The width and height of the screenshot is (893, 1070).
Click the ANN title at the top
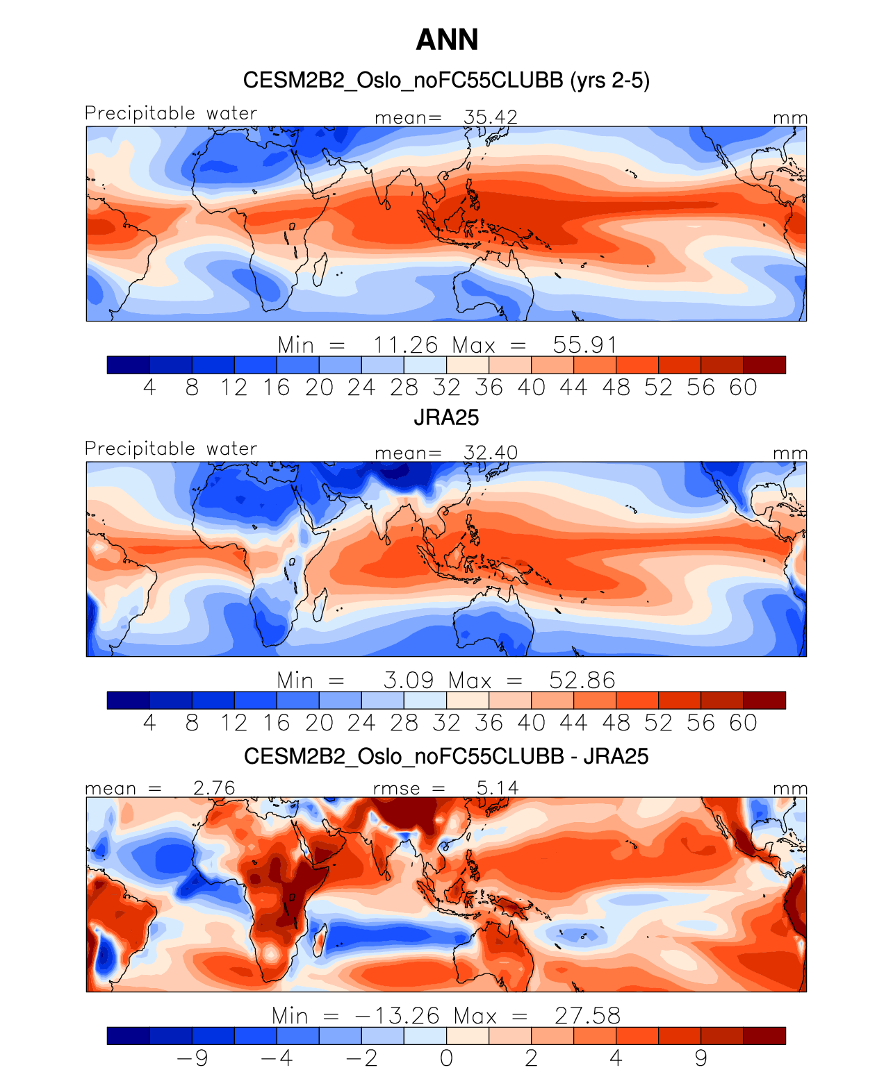pyautogui.click(x=447, y=40)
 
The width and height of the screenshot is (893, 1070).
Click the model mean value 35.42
pyautogui.click(x=491, y=117)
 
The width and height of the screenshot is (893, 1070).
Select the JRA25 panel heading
pyautogui.click(x=446, y=417)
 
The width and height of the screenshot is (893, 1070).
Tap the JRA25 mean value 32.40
pyautogui.click(x=491, y=453)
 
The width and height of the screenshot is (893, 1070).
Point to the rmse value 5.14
pyautogui.click(x=498, y=788)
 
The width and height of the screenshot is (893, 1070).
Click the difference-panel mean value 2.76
pyautogui.click(x=214, y=788)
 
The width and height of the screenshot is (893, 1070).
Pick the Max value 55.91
pyautogui.click(x=584, y=345)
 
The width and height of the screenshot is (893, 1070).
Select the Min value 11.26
pyautogui.click(x=406, y=345)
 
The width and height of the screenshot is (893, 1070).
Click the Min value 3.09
pyautogui.click(x=409, y=680)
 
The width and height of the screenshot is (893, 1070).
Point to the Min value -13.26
pyautogui.click(x=398, y=1016)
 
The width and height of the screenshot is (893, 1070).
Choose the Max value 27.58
pyautogui.click(x=587, y=1016)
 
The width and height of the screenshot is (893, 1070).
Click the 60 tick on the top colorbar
pyautogui.click(x=743, y=387)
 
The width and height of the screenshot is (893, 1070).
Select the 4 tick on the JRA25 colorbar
pyautogui.click(x=149, y=723)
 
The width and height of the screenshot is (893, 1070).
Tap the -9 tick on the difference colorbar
pyautogui.click(x=192, y=1058)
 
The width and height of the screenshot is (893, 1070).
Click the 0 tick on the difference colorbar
pyautogui.click(x=446, y=1058)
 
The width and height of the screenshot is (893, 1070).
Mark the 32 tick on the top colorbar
pyautogui.click(x=446, y=387)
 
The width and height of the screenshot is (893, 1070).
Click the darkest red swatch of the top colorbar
pyautogui.click(x=764, y=365)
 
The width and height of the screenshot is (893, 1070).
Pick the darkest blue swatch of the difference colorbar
pyautogui.click(x=129, y=1035)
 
